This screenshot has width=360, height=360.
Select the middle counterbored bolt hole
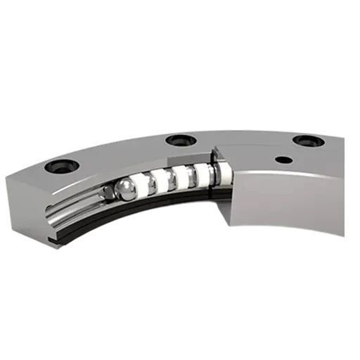(175, 141)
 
